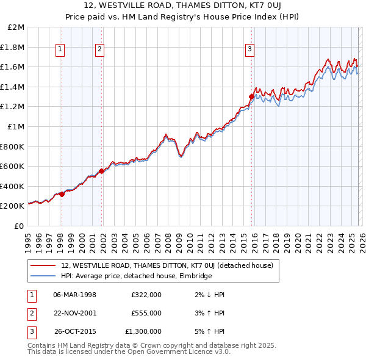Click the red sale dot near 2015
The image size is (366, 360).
[x=251, y=96]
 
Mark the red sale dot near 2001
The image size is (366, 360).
[x=102, y=171]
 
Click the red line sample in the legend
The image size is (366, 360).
[x=43, y=265]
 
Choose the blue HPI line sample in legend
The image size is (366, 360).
[x=43, y=276]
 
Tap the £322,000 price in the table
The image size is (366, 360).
[x=146, y=294]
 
